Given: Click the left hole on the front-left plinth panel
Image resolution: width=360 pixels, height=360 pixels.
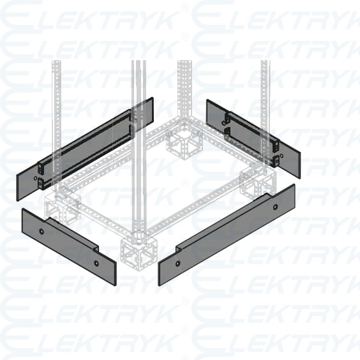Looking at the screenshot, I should point(42,230).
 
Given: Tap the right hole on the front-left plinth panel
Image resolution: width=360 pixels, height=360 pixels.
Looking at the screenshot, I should point(96,262).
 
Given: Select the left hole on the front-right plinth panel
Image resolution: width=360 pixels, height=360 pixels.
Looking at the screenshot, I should point(177,262).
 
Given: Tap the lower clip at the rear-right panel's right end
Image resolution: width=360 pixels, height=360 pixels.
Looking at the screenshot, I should point(276,161).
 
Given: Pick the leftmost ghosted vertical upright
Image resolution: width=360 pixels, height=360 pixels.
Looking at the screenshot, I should point(57,96).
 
